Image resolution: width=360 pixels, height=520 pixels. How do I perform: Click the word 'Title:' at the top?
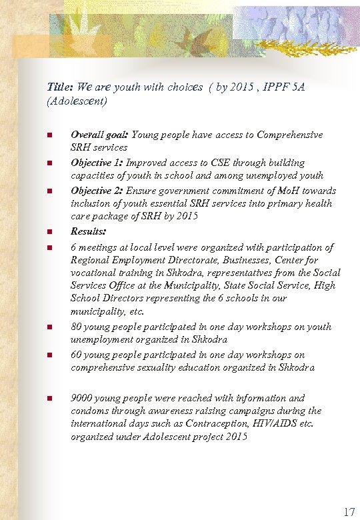(x=60, y=87)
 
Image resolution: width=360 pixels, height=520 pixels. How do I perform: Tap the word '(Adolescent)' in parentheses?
(x=77, y=102)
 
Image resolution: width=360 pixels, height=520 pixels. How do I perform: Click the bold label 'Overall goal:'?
(x=100, y=135)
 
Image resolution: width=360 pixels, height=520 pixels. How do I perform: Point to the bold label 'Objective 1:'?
(x=97, y=163)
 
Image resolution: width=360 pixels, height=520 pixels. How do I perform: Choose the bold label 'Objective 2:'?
(x=97, y=190)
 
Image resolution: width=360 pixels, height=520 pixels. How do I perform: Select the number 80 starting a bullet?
(x=77, y=327)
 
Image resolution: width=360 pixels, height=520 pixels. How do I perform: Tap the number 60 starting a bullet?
(x=77, y=355)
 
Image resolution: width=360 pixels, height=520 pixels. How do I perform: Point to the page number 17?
(x=348, y=512)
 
